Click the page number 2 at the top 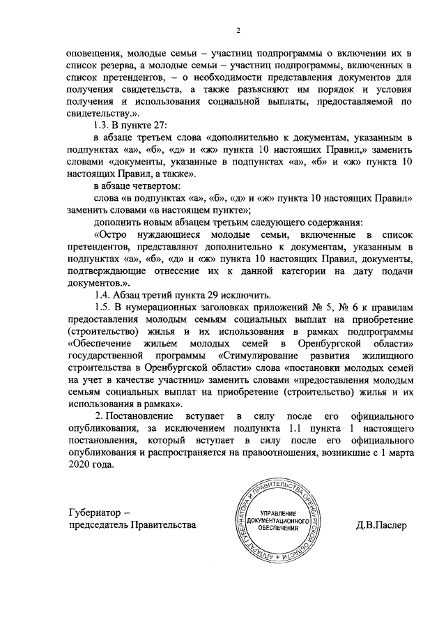[x=238, y=31]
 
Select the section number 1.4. [x=103, y=294]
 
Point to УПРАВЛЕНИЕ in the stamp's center [x=273, y=515]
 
